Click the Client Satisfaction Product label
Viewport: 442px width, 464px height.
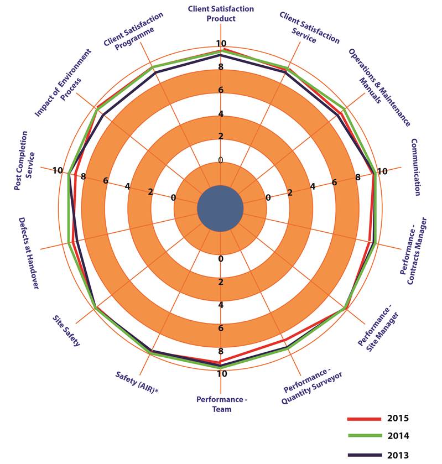[221, 14]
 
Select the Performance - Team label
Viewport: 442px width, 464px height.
[221, 404]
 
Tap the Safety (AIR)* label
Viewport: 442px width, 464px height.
[137, 382]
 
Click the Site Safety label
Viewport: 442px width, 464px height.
[66, 331]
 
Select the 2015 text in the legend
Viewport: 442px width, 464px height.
[398, 418]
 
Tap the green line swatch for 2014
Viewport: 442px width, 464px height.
[364, 436]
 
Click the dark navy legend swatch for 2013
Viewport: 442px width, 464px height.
[364, 455]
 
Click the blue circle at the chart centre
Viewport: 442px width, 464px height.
[220, 208]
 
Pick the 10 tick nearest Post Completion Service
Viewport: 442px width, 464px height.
[58, 170]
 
